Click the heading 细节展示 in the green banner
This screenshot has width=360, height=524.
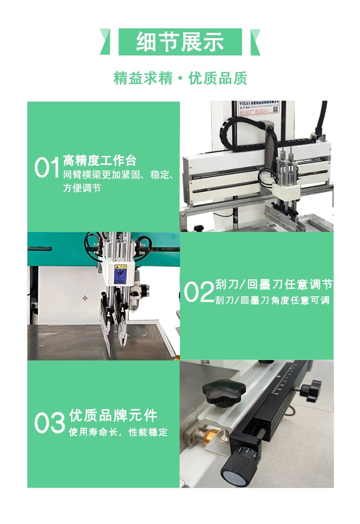[x=180, y=42]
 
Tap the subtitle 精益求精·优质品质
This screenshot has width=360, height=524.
[x=180, y=78]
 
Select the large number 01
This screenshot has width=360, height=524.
[x=47, y=168]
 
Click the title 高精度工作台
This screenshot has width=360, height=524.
[x=100, y=160]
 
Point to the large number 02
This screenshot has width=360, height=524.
[x=199, y=292]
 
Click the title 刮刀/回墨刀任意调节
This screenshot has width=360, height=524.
[x=273, y=285]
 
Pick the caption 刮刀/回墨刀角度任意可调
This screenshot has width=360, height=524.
[x=272, y=301]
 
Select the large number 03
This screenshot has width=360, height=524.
[x=50, y=423]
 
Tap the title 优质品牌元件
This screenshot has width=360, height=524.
[x=113, y=416]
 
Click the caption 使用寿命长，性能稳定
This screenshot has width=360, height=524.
[x=118, y=432]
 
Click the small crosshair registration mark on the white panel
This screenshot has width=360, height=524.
[x=85, y=298]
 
